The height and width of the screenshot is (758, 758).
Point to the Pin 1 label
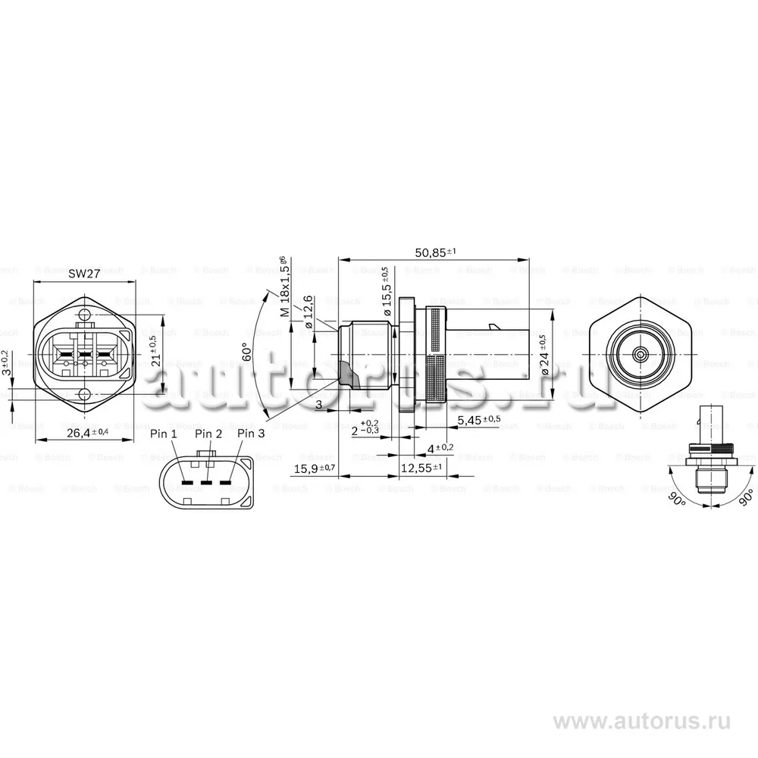pos(164,434)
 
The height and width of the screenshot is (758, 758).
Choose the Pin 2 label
pos(208,434)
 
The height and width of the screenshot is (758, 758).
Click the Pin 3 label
pos(252,434)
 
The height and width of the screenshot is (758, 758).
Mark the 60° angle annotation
pos(246,354)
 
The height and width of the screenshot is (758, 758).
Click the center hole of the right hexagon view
pos(641,353)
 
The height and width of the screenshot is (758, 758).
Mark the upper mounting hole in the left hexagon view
pos(85,312)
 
